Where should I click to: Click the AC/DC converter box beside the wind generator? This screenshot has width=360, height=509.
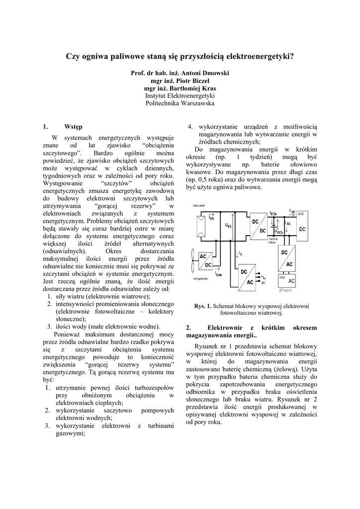tap(205, 260)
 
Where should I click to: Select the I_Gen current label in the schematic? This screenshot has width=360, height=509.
tap(219, 273)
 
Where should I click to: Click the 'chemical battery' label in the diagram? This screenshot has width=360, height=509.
tap(274, 241)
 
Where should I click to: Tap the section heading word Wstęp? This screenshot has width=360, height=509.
tap(74, 126)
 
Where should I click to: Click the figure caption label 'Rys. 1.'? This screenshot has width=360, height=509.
tap(203, 306)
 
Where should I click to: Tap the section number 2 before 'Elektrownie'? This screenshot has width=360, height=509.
tap(188, 328)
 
